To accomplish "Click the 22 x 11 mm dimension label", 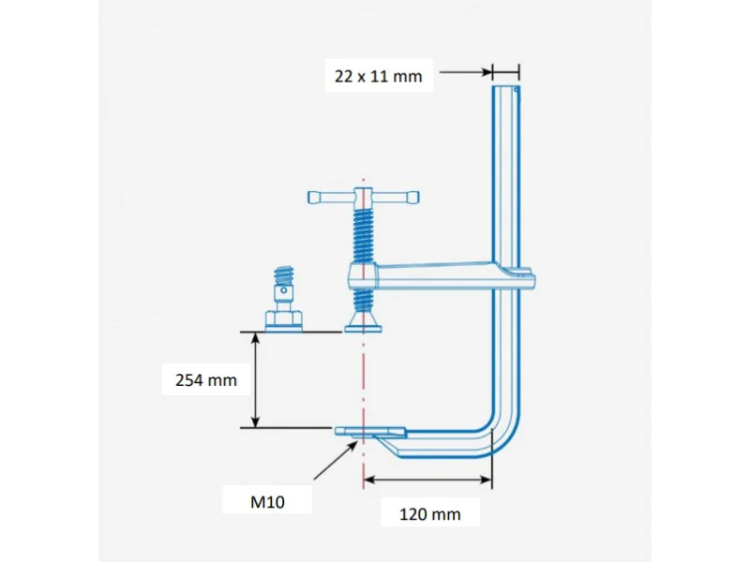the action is pos(379,76).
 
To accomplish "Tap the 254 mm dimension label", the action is pos(206,380).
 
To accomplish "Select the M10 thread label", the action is pos(267,502).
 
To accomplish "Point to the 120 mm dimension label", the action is pos(430,514).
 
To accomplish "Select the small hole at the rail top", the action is pos(517,89).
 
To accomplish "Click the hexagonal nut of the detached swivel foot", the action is pos(284,318).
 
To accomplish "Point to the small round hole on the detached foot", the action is pos(284,290).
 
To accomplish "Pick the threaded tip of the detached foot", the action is pos(284,275).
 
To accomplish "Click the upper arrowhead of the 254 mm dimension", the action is pos(255,338).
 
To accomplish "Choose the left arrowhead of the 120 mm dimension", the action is pos(369,480).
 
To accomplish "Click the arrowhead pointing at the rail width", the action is pos(486,73).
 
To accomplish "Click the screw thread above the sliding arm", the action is pos(363,237).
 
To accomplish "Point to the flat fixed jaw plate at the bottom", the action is pos(370,432).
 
